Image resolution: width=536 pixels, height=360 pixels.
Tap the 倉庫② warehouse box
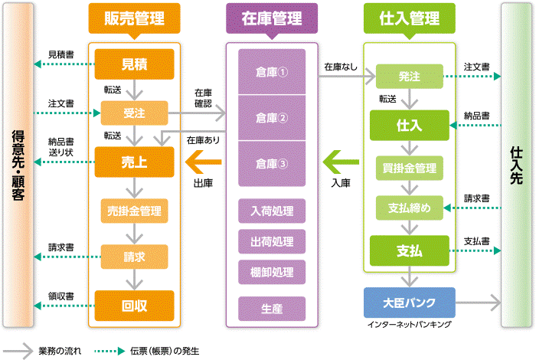pyautogui.click(x=272, y=117)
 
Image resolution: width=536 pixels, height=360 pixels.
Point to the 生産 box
pyautogui.click(x=272, y=307)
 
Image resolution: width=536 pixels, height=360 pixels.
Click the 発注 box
pyautogui.click(x=409, y=77)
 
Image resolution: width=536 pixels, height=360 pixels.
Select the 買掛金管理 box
pyautogui.click(x=409, y=167)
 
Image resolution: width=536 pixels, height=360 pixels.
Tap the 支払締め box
pyautogui.click(x=409, y=208)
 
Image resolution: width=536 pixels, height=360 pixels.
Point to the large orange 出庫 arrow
pyautogui.click(x=204, y=162)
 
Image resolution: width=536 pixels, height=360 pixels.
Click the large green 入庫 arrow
pyautogui.click(x=341, y=162)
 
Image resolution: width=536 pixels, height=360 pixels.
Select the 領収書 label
pyautogui.click(x=60, y=296)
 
